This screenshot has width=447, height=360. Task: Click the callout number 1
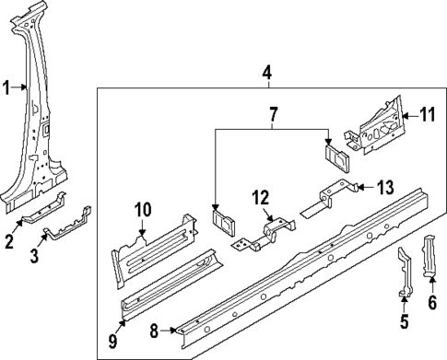click(x=6, y=88)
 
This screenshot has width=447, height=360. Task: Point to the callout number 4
click(x=266, y=72)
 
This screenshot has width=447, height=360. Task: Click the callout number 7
click(x=272, y=116)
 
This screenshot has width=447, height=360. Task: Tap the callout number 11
click(x=426, y=115)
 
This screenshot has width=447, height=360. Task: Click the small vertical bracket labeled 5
click(x=404, y=273)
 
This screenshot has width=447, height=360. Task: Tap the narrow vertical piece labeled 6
click(x=429, y=255)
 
